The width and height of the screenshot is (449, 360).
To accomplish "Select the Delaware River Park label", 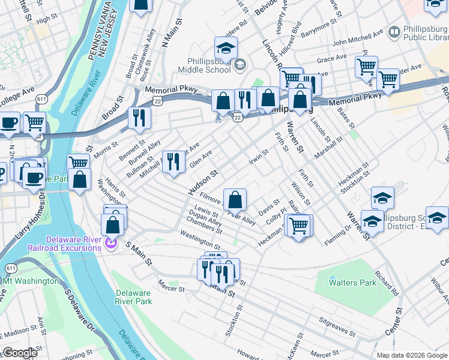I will [x=133, y=298].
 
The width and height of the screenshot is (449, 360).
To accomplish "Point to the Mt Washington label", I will [x=31, y=280].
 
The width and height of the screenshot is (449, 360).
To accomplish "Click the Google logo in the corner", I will [x=20, y=353].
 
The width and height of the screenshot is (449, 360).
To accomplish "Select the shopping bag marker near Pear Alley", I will [x=236, y=199].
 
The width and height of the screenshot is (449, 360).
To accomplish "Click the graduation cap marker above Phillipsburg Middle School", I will [x=226, y=48].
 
